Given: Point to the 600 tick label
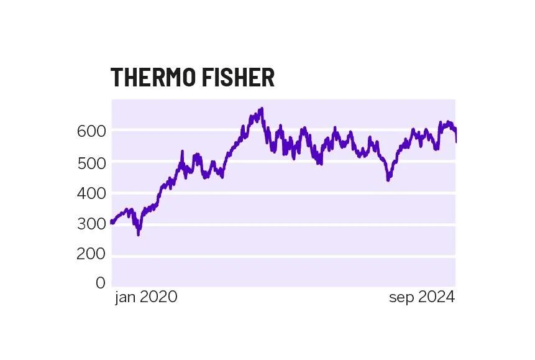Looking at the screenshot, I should click(92, 131).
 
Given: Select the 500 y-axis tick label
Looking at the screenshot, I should click(92, 162).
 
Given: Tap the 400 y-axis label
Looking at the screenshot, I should click(92, 193).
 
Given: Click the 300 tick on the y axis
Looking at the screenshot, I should click(92, 224).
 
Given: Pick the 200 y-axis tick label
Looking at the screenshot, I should click(92, 255).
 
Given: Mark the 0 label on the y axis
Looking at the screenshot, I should click(101, 284).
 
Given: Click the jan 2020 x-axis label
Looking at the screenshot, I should click(146, 297).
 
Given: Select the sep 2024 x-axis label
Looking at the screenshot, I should click(422, 297).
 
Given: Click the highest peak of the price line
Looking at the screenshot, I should click(262, 109).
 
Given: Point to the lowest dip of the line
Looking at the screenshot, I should click(138, 234).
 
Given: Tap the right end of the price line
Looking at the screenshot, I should click(455, 141).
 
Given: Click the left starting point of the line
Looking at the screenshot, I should click(112, 222).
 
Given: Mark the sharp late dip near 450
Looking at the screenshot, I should click(388, 179).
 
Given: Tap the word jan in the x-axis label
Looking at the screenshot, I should click(125, 297).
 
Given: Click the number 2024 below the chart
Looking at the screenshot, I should click(436, 297).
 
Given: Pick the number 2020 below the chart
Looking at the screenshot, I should click(158, 297).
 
